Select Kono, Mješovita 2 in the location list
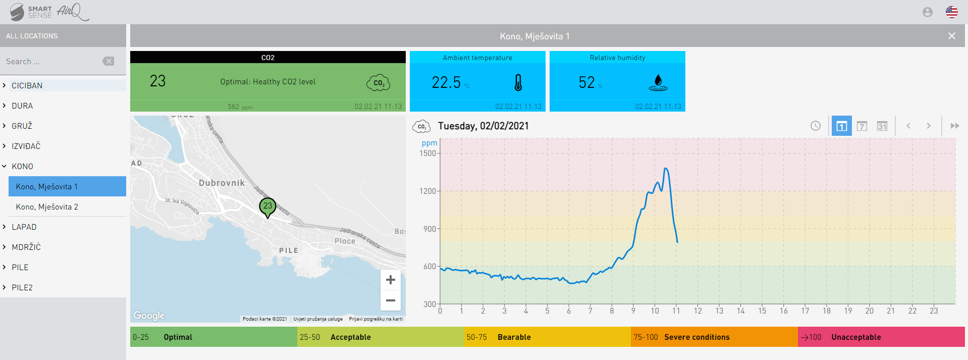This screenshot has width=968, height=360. pyautogui.click(x=47, y=207)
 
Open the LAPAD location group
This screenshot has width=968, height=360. pyautogui.click(x=24, y=227)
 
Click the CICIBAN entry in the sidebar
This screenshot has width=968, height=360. pyautogui.click(x=27, y=86)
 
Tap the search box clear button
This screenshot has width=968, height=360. pyautogui.click(x=108, y=61)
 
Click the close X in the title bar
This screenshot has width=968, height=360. pyautogui.click(x=951, y=36)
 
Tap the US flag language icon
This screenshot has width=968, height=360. pyautogui.click(x=951, y=12)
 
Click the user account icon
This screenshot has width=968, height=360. pyautogui.click(x=927, y=12)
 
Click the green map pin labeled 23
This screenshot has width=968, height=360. pyautogui.click(x=267, y=207)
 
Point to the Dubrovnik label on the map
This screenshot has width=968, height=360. pyautogui.click(x=222, y=183)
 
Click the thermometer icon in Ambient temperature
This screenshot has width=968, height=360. pyautogui.click(x=518, y=83)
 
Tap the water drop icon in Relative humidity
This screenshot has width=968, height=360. pyautogui.click(x=658, y=82)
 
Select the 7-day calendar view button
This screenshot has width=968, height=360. pyautogui.click(x=862, y=126)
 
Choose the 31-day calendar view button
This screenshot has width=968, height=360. pyautogui.click(x=882, y=126)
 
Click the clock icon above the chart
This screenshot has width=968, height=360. pyautogui.click(x=815, y=126)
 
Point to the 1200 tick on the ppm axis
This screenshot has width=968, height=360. pyautogui.click(x=428, y=191)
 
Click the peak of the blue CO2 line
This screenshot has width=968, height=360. pyautogui.click(x=666, y=169)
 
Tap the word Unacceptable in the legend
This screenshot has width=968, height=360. pyautogui.click(x=856, y=337)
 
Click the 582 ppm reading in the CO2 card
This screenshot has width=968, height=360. pyautogui.click(x=240, y=107)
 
